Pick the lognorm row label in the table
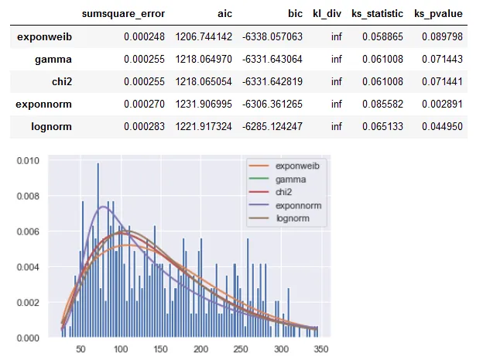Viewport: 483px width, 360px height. click(x=49, y=126)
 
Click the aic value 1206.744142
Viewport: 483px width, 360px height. click(x=200, y=36)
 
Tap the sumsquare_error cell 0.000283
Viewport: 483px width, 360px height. click(x=142, y=126)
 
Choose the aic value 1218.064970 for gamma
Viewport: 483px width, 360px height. click(x=200, y=59)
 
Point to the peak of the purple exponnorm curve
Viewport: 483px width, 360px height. click(x=102, y=206)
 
